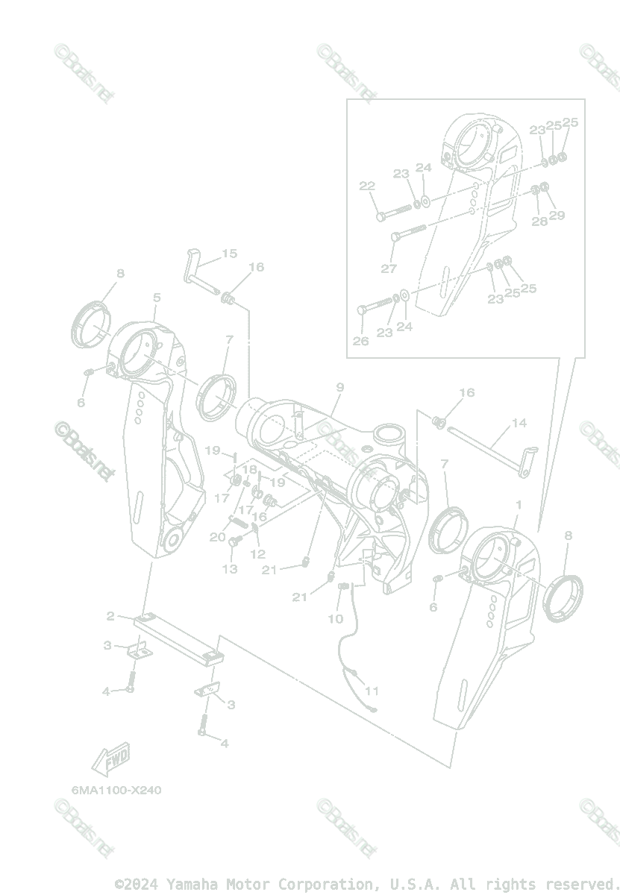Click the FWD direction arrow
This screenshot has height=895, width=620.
110,760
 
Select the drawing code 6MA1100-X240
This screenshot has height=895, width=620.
116,790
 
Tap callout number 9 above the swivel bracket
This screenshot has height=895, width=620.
339,387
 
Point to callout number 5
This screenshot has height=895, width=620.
157,298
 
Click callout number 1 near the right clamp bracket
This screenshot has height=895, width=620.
519,506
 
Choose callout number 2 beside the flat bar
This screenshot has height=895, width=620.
110,616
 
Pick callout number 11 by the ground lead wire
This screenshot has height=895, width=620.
372,691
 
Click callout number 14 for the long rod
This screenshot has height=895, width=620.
519,423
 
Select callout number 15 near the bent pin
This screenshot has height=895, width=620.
229,254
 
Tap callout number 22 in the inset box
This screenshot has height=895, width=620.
367,186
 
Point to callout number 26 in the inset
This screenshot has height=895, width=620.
361,342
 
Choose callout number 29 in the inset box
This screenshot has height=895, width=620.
557,216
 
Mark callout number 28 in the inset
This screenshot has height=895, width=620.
539,222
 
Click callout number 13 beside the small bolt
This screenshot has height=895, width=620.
230,569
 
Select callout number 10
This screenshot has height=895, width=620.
336,618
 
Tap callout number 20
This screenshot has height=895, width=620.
217,537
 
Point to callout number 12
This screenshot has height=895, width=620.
258,554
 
